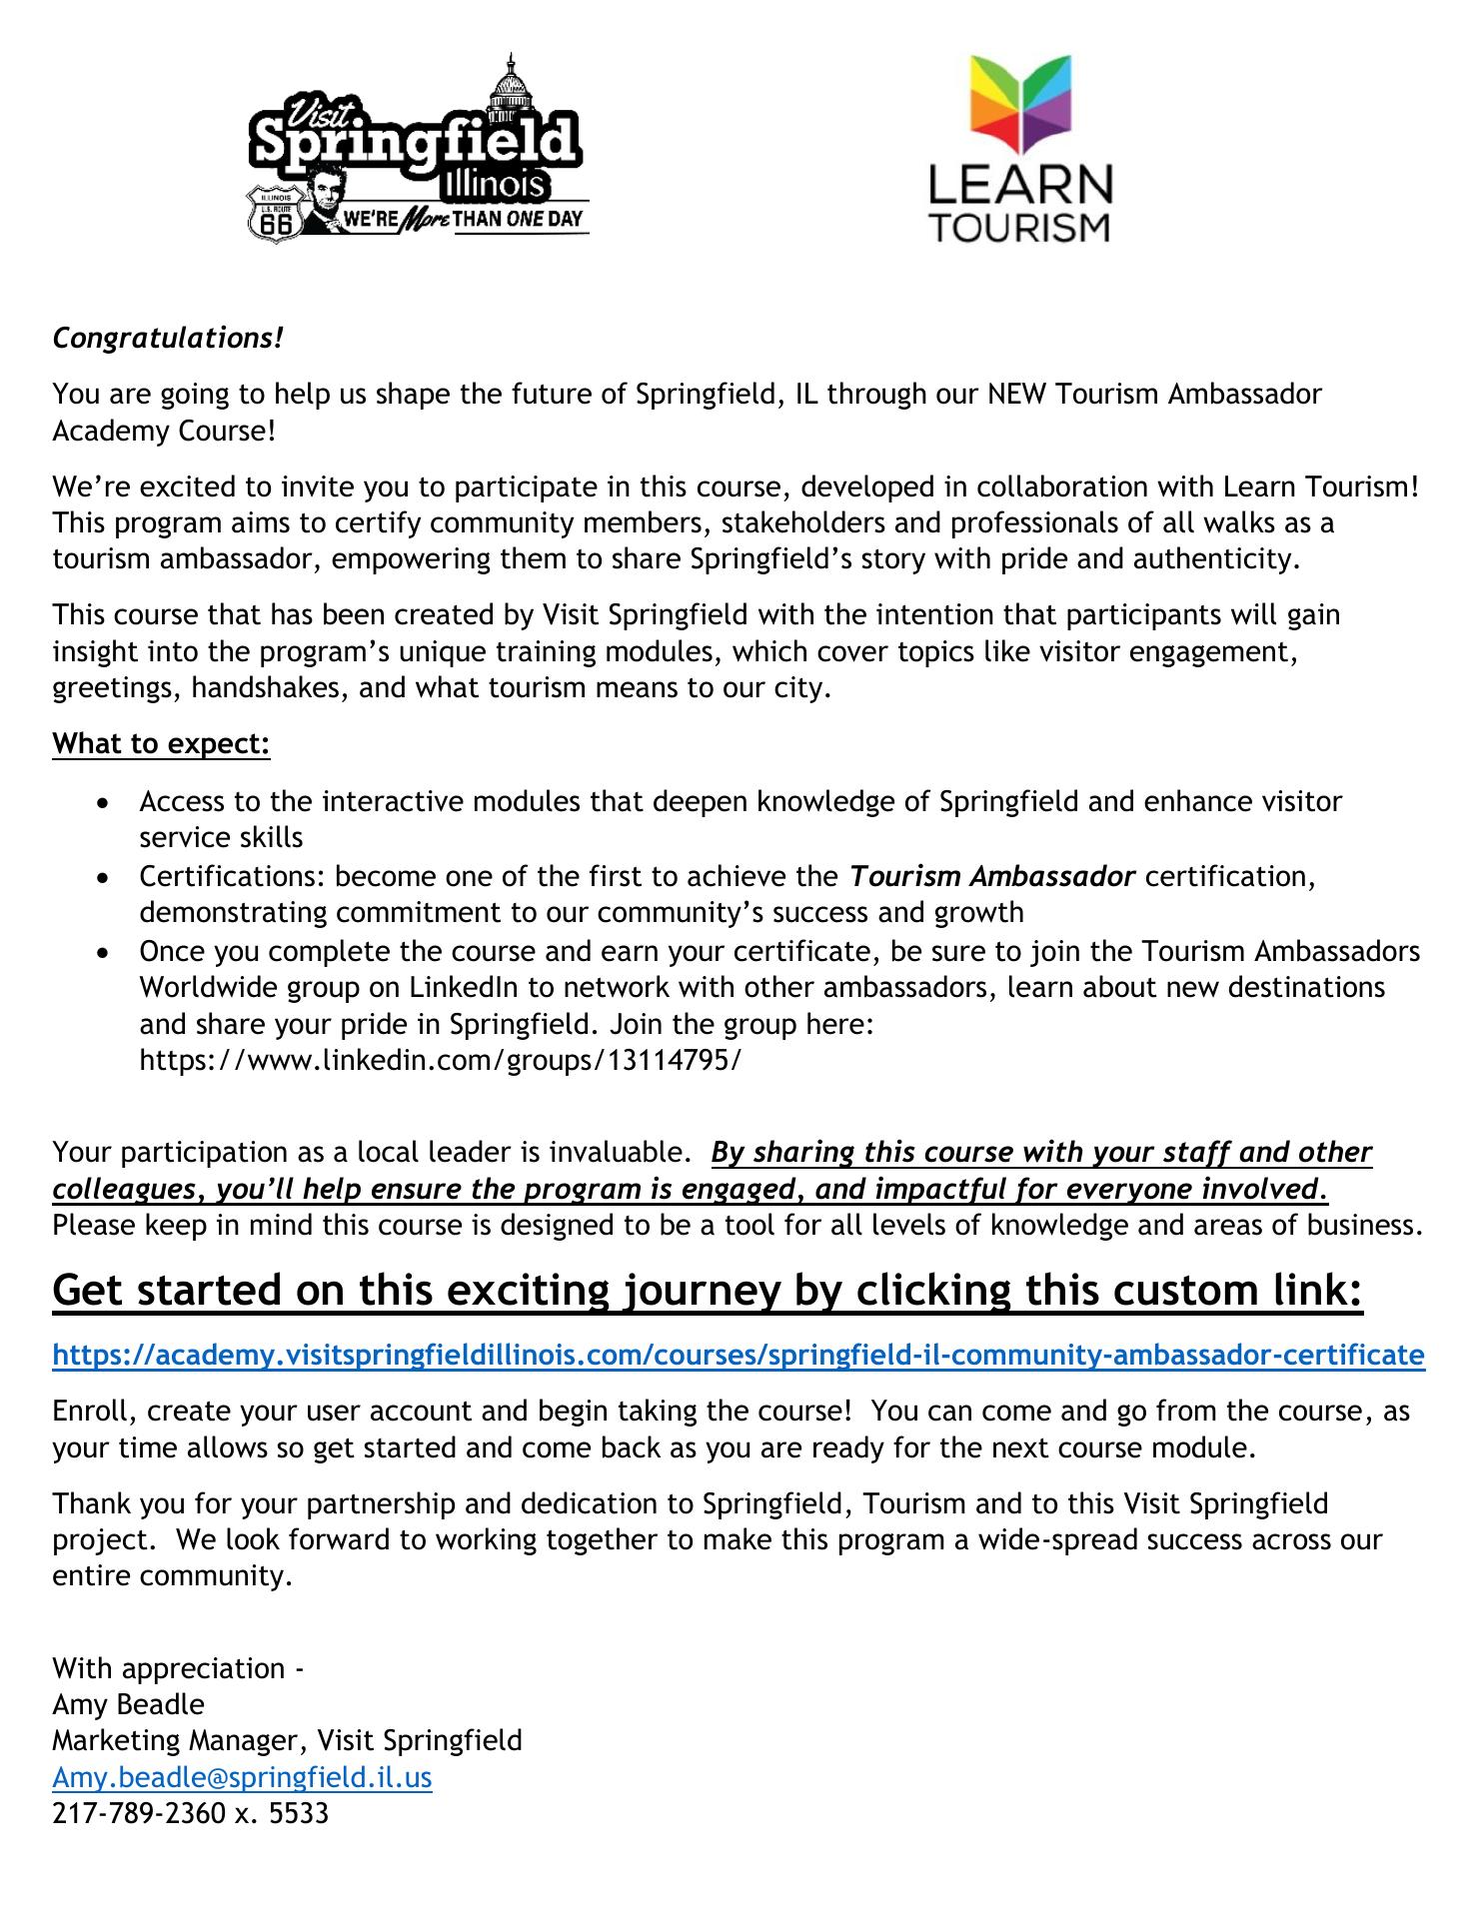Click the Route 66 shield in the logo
(274, 213)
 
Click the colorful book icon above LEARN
(1019, 109)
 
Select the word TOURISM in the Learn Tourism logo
(1019, 227)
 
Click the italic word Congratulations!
(168, 339)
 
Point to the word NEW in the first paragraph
(1016, 394)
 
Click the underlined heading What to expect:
(161, 744)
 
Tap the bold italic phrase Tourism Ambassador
(992, 877)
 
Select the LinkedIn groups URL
(441, 1060)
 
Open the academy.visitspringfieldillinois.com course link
(738, 1355)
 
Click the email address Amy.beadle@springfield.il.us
(242, 1777)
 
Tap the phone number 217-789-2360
(139, 1812)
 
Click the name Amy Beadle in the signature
(128, 1704)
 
